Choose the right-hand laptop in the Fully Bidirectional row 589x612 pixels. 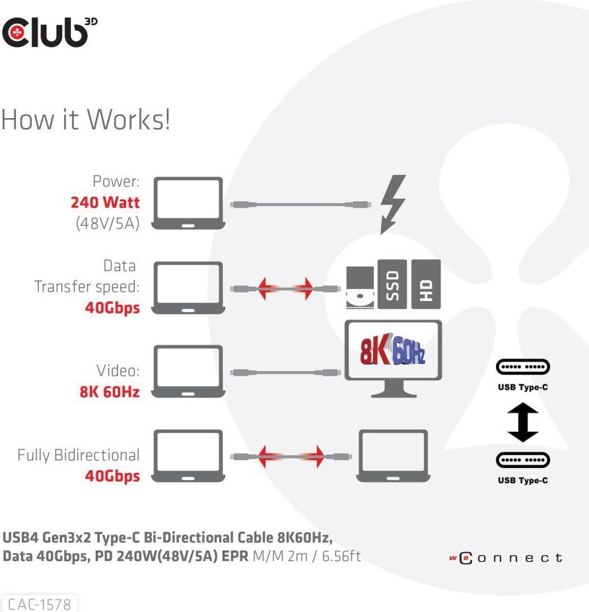tap(392, 456)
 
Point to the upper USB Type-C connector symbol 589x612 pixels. tap(522, 367)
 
